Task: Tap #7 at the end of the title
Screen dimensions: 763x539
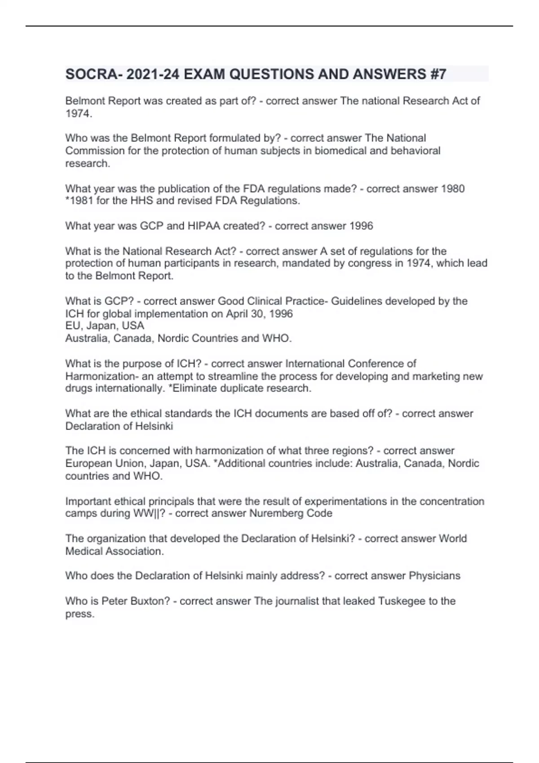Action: click(437, 74)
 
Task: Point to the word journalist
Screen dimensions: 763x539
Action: click(297, 601)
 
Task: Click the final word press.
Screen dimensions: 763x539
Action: click(80, 614)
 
